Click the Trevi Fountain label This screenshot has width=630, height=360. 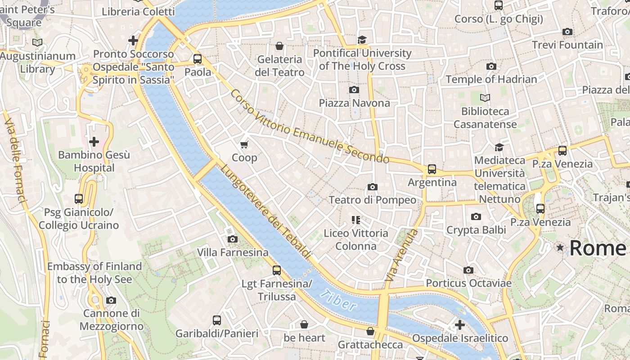[567, 45]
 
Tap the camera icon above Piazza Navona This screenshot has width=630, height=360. [354, 90]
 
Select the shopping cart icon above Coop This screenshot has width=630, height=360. [244, 144]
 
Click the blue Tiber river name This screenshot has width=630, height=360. [338, 300]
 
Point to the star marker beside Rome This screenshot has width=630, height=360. [560, 247]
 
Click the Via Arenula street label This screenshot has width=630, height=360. [402, 256]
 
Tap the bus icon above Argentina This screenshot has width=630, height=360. [432, 169]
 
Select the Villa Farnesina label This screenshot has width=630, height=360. [233, 252]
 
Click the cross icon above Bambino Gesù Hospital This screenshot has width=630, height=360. [94, 142]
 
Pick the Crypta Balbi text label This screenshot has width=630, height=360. [476, 230]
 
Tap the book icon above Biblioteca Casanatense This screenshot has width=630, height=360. [485, 98]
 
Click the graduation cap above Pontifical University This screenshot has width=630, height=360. [362, 40]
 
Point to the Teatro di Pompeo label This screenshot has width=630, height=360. [372, 200]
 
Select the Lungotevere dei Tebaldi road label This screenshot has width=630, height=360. [266, 211]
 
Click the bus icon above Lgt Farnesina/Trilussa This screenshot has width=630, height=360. [277, 270]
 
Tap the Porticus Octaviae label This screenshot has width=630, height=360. [468, 283]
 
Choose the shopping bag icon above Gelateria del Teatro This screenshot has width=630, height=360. [279, 46]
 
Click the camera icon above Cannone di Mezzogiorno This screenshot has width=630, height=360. [111, 300]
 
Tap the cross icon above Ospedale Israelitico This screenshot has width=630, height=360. [459, 324]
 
